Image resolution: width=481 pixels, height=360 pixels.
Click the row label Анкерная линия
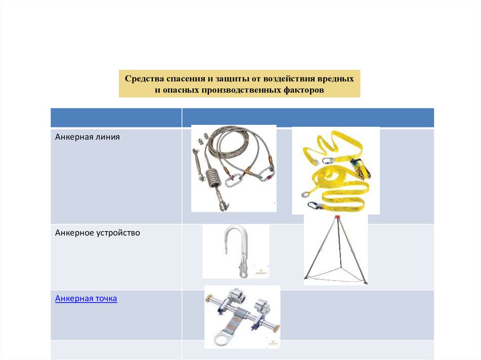[87, 137]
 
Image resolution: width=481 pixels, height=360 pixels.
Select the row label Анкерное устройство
[98, 233]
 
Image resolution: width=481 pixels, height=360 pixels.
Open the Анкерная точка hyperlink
[86, 299]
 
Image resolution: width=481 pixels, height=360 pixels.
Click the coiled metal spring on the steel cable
[212, 177]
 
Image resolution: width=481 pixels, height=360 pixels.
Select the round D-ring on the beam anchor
[222, 339]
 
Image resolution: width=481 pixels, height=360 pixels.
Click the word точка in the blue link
[106, 299]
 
